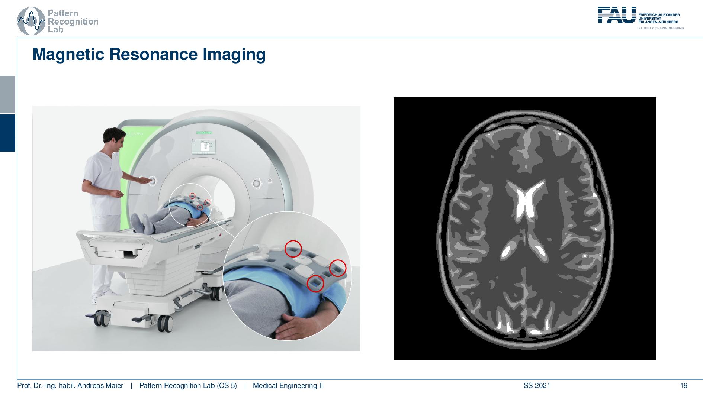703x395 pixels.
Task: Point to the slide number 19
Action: click(684, 386)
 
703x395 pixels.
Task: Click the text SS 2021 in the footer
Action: click(537, 386)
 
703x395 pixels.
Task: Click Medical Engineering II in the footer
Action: click(288, 386)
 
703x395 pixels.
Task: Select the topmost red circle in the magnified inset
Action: click(293, 249)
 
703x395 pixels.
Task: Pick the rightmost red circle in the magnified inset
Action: click(338, 268)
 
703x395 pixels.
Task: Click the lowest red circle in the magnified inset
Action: click(315, 284)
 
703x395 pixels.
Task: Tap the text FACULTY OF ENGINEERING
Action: click(661, 28)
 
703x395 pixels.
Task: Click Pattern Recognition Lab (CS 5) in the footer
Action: click(188, 386)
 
